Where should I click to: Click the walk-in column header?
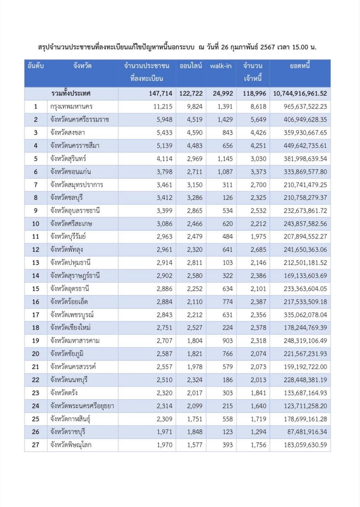coord(221,66)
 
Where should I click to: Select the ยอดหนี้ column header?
coord(300,66)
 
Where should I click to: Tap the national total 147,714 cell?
coord(161,93)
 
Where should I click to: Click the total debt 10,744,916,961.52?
coord(300,93)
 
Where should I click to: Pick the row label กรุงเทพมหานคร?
coord(71,106)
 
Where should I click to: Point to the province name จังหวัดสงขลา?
coord(67,133)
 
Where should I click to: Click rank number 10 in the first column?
coord(36,224)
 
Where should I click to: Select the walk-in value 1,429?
coord(225,120)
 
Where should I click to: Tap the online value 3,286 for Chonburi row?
coord(195,198)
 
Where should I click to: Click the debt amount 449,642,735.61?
coord(305,146)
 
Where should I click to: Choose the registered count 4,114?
coord(165,159)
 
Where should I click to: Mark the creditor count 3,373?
coord(258,172)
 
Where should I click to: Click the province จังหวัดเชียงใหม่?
coord(70,328)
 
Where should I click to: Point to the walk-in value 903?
coord(228,341)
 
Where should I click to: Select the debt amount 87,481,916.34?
coord(307,432)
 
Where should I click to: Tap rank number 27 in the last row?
coord(36,445)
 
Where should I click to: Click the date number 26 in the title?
coord(225,47)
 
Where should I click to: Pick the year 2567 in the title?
coord(267,47)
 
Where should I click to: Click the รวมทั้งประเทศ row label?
coord(71,93)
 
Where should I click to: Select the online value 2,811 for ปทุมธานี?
coord(195,263)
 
